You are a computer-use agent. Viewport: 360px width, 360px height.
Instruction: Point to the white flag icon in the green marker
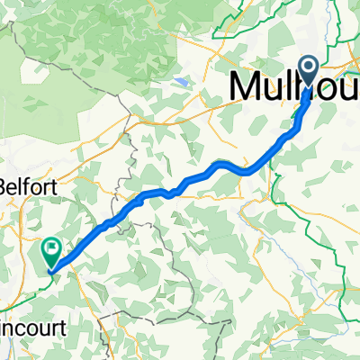(x=51, y=244)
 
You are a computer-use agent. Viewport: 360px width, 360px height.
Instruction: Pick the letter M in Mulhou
(x=248, y=86)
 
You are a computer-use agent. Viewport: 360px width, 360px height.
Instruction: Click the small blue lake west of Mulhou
(x=184, y=82)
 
